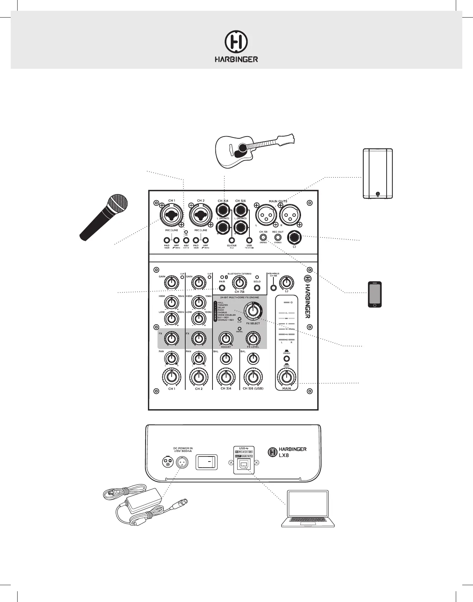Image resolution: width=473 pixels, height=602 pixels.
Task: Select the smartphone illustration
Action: (x=375, y=295)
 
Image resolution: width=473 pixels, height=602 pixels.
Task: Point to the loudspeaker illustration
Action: (x=378, y=173)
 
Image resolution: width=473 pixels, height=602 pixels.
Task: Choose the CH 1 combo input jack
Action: (x=172, y=216)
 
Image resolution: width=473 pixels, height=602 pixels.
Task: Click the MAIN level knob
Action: (x=286, y=377)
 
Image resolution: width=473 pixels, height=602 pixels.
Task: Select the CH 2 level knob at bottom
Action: (x=199, y=377)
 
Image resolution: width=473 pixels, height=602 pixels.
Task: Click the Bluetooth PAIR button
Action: (x=222, y=288)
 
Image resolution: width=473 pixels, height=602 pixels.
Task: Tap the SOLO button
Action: (x=257, y=288)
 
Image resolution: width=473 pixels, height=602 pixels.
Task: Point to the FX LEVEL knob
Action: (x=253, y=338)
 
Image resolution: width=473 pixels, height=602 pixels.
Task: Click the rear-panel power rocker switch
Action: (x=207, y=463)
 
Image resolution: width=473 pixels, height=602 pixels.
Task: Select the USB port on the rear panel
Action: (x=243, y=465)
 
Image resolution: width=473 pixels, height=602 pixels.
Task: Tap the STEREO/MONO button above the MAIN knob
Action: (x=286, y=359)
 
